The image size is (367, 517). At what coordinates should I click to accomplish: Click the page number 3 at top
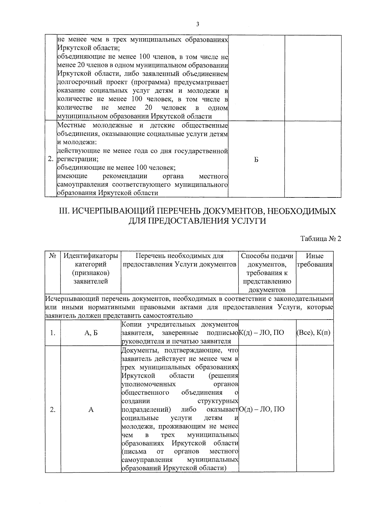point(198,24)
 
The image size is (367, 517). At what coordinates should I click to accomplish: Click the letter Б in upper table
point(256,159)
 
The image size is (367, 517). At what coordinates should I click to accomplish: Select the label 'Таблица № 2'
point(321,239)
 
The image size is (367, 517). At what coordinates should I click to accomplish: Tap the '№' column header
point(52,256)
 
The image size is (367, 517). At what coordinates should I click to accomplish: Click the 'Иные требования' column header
point(315,260)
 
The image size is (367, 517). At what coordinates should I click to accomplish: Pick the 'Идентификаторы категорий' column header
point(91,260)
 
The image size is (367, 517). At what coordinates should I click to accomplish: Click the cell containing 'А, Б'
point(91,333)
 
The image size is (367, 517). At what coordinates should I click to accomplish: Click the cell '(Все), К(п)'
point(315,333)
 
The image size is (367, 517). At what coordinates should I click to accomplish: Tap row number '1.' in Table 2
point(53,333)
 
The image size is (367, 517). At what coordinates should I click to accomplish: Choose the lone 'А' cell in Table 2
point(91,410)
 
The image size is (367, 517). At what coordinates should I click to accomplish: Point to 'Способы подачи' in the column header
point(267,256)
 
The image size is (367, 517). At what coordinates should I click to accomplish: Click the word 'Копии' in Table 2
point(132,324)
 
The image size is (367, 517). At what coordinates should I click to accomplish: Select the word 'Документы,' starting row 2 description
point(139,350)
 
